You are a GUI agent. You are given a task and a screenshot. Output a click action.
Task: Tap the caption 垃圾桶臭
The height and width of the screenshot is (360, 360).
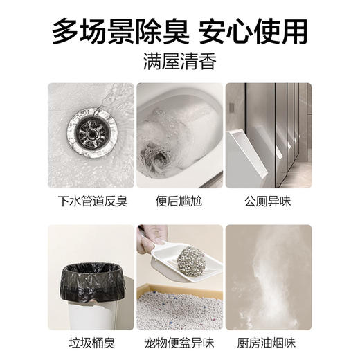coord(91,344)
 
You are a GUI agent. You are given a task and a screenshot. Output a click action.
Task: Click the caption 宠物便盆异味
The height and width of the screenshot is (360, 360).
coord(180,344)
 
